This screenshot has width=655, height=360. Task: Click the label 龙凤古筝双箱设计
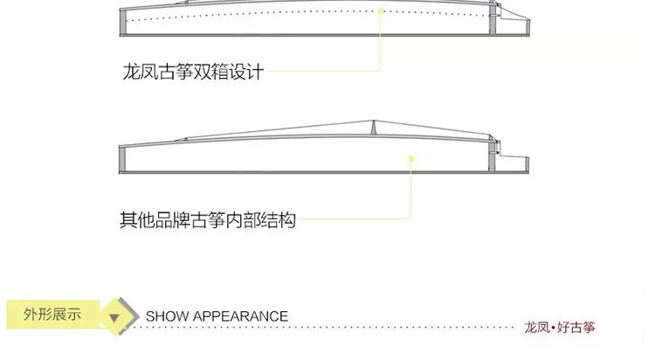(193, 72)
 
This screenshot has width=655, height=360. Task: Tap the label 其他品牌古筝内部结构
(208, 220)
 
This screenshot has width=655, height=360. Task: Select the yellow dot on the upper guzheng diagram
(381, 10)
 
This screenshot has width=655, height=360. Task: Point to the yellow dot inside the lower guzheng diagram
(411, 159)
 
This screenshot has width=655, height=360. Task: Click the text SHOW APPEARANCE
(217, 316)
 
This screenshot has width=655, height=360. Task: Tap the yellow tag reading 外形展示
(53, 314)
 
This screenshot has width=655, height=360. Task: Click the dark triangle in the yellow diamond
(114, 318)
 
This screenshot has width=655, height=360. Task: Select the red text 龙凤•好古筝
(560, 328)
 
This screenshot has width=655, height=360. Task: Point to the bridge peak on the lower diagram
(374, 121)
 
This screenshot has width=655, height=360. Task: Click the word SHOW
(167, 316)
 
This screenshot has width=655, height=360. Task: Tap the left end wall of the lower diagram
(122, 159)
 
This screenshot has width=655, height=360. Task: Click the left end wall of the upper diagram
(123, 22)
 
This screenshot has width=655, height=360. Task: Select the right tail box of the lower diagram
(514, 164)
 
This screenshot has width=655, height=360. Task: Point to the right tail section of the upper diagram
(514, 24)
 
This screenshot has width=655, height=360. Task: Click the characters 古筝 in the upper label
(175, 72)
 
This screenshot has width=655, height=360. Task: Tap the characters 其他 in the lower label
(137, 220)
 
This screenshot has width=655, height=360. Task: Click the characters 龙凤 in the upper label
(140, 72)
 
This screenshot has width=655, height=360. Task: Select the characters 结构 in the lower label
(279, 220)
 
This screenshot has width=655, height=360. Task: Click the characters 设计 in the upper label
(246, 72)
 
